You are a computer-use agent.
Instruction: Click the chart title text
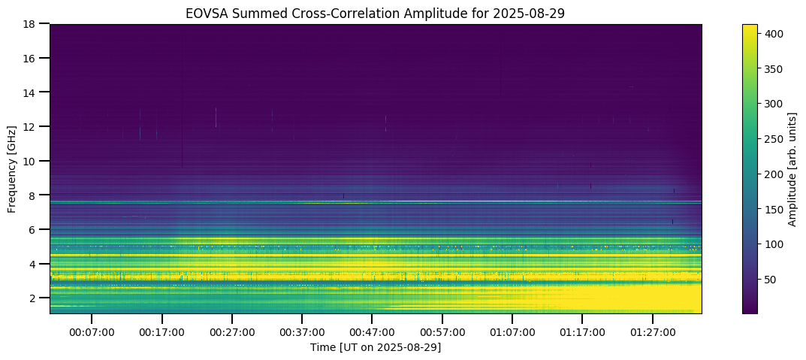(376, 13)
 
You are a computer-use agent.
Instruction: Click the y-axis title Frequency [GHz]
(13, 169)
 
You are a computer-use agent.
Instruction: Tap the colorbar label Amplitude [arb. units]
(792, 169)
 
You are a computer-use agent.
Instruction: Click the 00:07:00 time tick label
(92, 331)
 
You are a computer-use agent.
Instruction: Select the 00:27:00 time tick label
(232, 331)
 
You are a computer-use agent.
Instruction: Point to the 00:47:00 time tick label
(372, 331)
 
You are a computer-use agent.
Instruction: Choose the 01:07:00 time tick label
(512, 331)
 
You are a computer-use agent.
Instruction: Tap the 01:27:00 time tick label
(652, 331)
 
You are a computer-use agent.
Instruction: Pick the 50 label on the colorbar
(771, 280)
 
